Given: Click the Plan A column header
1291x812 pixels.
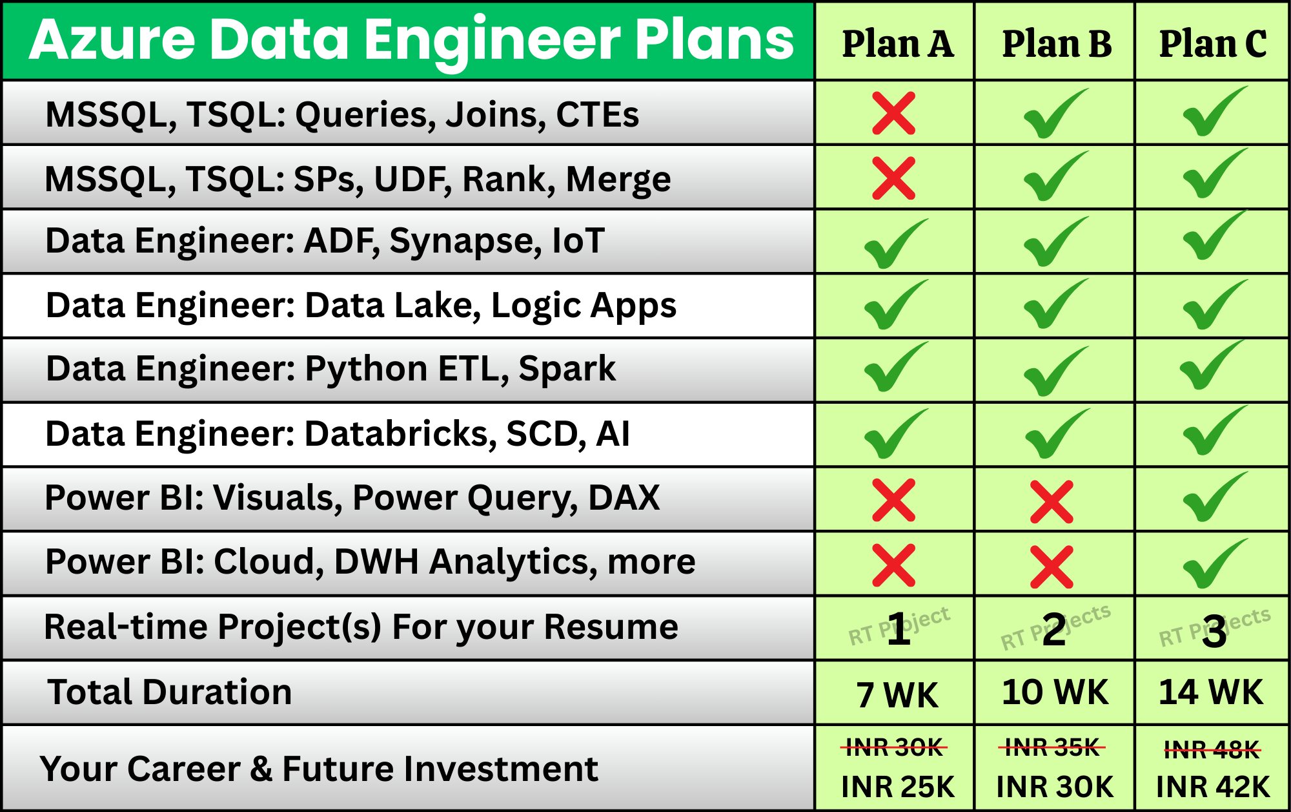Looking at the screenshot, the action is coord(897,44).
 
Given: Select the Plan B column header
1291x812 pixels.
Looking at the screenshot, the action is coord(1057,44).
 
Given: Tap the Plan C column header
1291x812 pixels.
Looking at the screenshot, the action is coord(1213,44).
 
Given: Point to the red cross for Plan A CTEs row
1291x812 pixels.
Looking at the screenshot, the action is coord(894,113).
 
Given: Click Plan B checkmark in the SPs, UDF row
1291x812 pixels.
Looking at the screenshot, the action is coord(1055,176).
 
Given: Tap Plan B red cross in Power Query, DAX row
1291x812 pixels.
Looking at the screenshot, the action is coord(1052,501).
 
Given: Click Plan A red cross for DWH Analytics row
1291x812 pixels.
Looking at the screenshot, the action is coord(894,565).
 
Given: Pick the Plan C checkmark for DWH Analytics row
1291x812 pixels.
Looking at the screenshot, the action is coord(1215,564).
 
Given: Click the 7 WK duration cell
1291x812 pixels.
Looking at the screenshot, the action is coord(897,695).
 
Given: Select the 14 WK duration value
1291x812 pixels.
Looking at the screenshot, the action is coord(1211,692).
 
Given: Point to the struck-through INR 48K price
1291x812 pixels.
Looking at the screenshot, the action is coord(1212,750).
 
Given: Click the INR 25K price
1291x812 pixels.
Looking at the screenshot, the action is coord(898,787).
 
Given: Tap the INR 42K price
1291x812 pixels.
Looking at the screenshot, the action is coord(1213,787).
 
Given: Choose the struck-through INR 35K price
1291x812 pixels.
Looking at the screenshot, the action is coord(1052,748).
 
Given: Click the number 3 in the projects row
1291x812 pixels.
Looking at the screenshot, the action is coord(1214,632).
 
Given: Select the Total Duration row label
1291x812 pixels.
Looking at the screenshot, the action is coord(170,692).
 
